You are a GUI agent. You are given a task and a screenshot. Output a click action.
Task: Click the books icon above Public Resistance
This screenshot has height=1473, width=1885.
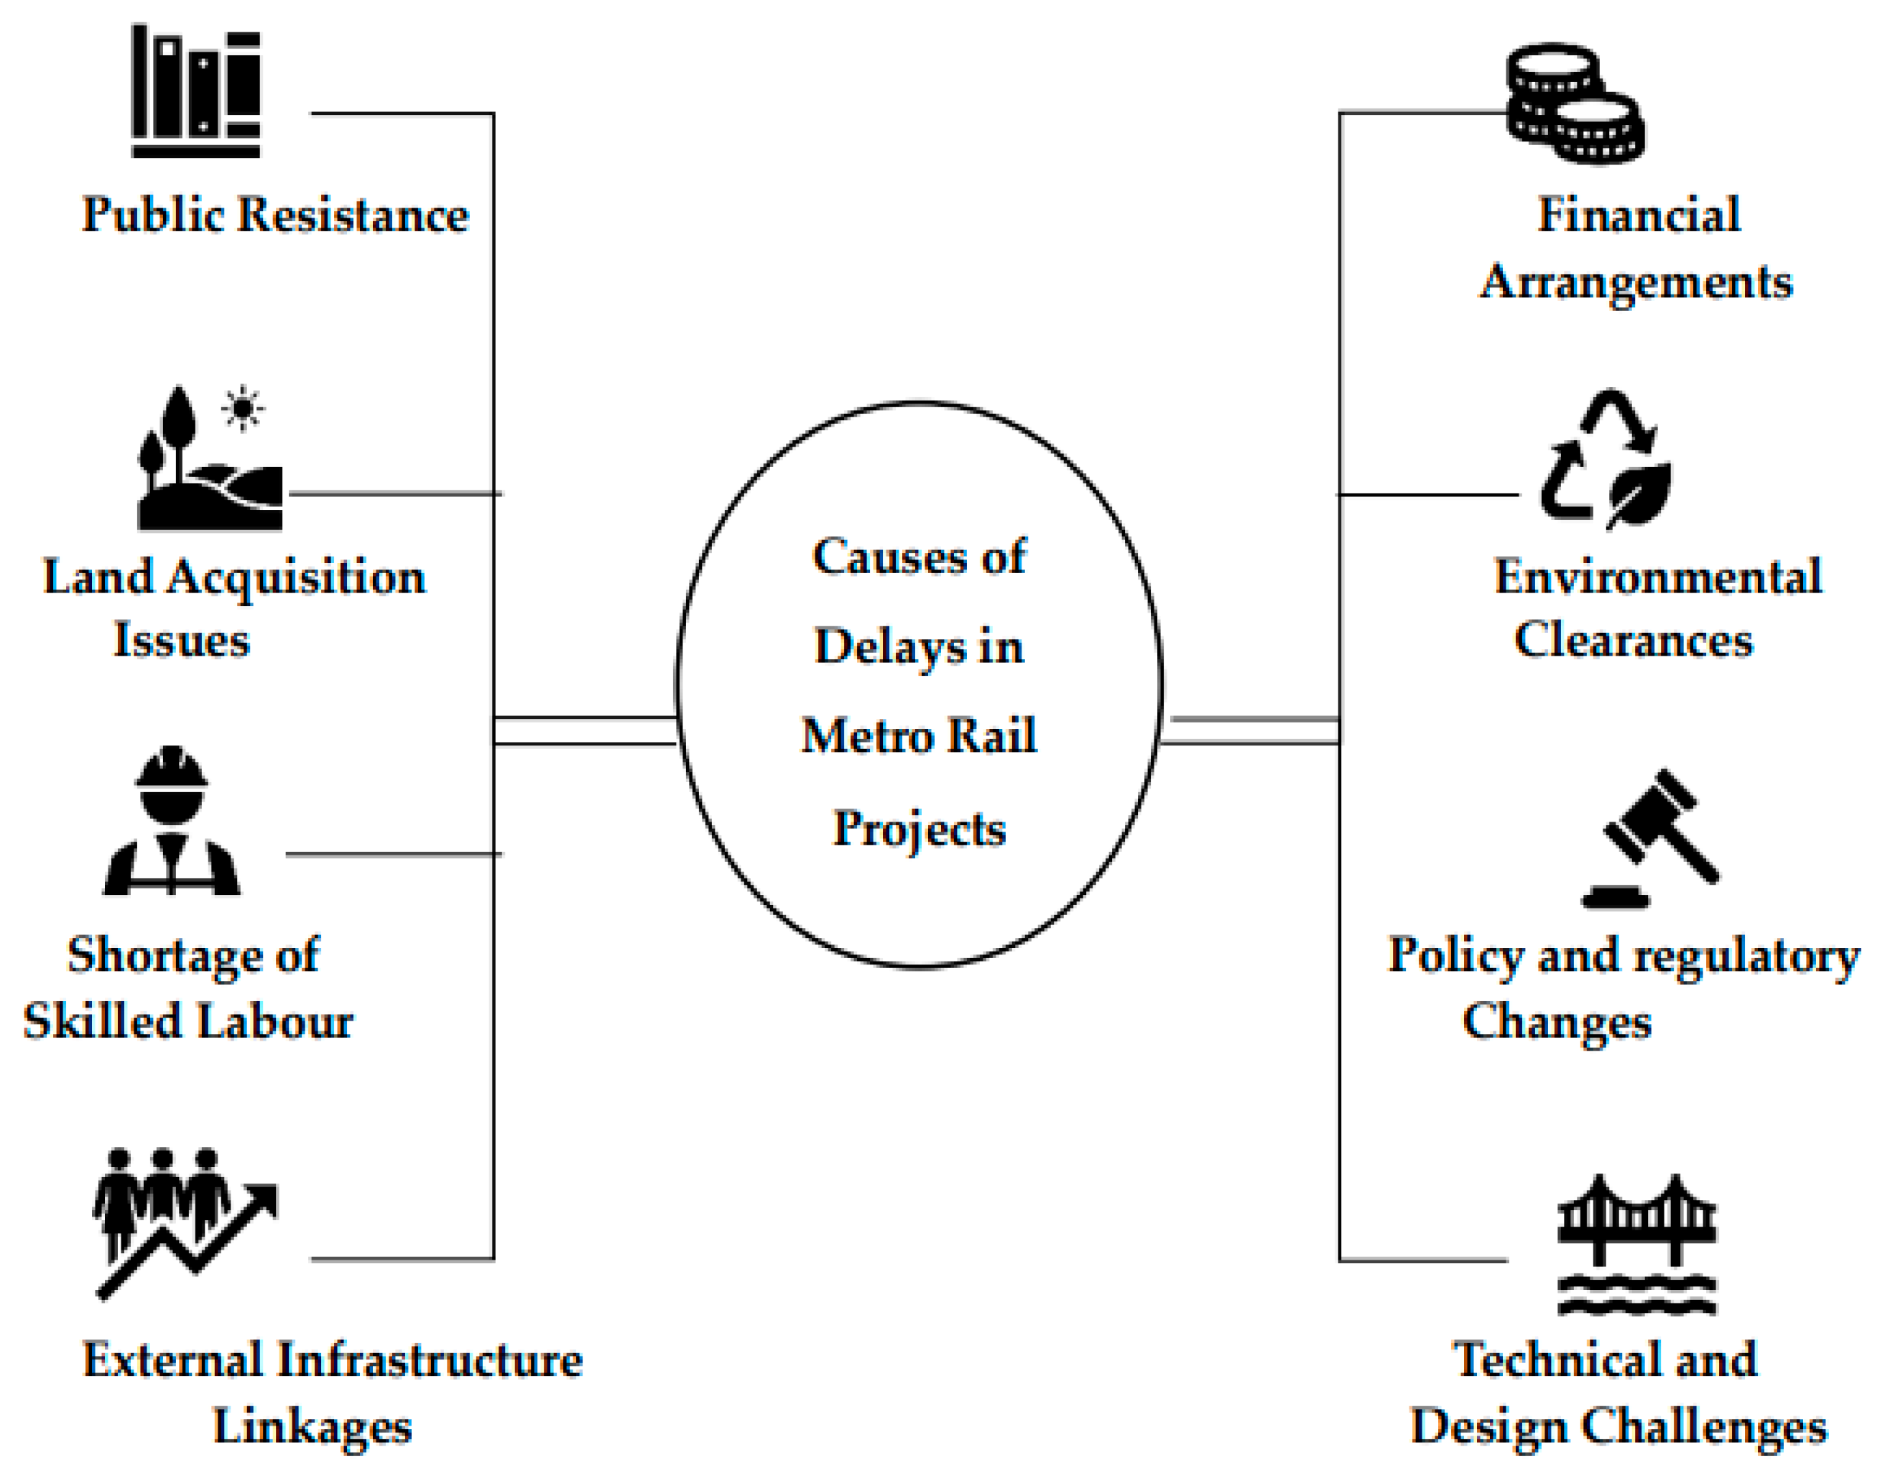[195, 91]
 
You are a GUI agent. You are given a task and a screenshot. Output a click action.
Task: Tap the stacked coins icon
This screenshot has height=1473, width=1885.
[1573, 103]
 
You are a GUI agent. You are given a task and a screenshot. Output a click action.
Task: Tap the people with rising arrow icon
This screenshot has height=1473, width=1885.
[184, 1220]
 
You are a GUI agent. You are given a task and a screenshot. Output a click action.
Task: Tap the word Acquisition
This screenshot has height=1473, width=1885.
[295, 577]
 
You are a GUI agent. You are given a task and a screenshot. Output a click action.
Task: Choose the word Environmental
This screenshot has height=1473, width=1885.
[1657, 577]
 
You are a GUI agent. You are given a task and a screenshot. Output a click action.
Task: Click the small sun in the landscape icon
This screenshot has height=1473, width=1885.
[243, 407]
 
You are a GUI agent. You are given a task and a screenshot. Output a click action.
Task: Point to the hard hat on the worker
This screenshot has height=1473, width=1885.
[172, 767]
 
